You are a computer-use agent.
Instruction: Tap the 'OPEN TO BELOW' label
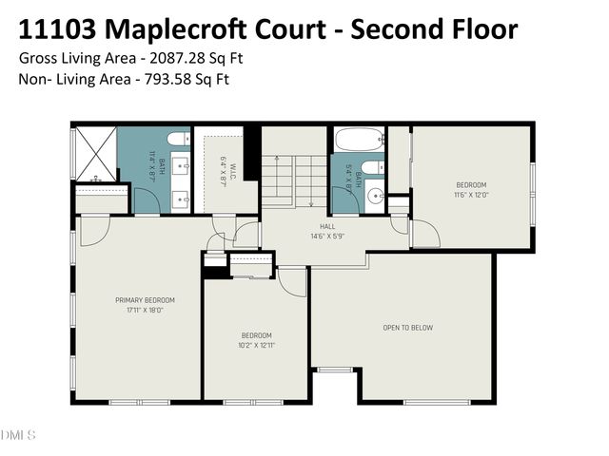[x=407, y=328]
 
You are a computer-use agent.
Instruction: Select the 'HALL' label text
[x=326, y=226]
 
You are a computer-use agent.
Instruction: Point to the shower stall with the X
[x=96, y=153]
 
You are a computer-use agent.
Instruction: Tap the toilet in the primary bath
[x=177, y=140]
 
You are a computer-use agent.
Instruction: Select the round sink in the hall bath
[x=375, y=198]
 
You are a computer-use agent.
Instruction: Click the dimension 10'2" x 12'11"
[x=256, y=345]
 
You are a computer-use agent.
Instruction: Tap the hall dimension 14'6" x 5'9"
[x=326, y=236]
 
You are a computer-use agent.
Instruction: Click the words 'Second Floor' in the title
[x=435, y=28]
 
